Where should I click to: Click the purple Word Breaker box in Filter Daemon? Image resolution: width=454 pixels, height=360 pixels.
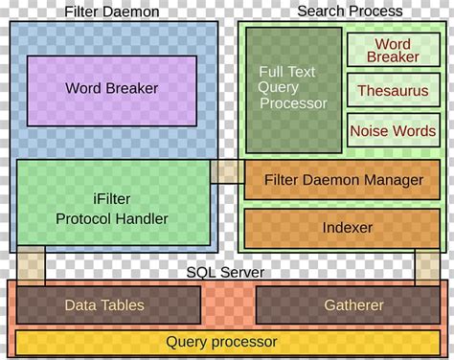coord(112,89)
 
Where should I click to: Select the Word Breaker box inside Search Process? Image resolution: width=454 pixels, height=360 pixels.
coord(393,51)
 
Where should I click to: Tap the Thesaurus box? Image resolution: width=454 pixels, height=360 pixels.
coord(393,92)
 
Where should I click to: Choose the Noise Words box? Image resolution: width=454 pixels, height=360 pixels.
coord(393,131)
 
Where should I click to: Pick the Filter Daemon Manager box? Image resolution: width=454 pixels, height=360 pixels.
coord(342,180)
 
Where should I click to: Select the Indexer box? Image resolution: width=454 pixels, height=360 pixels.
coord(342,229)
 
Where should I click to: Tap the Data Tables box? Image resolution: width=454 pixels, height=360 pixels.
coord(105,305)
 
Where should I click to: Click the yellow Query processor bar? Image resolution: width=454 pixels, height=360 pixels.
coord(222,342)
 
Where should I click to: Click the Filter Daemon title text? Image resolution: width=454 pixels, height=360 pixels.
coord(112,11)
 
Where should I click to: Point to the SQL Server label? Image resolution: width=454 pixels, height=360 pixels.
coord(226,273)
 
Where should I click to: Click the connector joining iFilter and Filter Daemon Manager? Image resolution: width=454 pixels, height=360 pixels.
coord(227,172)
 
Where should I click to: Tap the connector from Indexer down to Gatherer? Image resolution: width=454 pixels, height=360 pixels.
coord(426,265)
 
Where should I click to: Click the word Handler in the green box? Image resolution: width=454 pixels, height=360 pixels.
coord(141,219)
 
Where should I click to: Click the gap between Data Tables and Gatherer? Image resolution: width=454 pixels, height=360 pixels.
coord(228,305)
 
